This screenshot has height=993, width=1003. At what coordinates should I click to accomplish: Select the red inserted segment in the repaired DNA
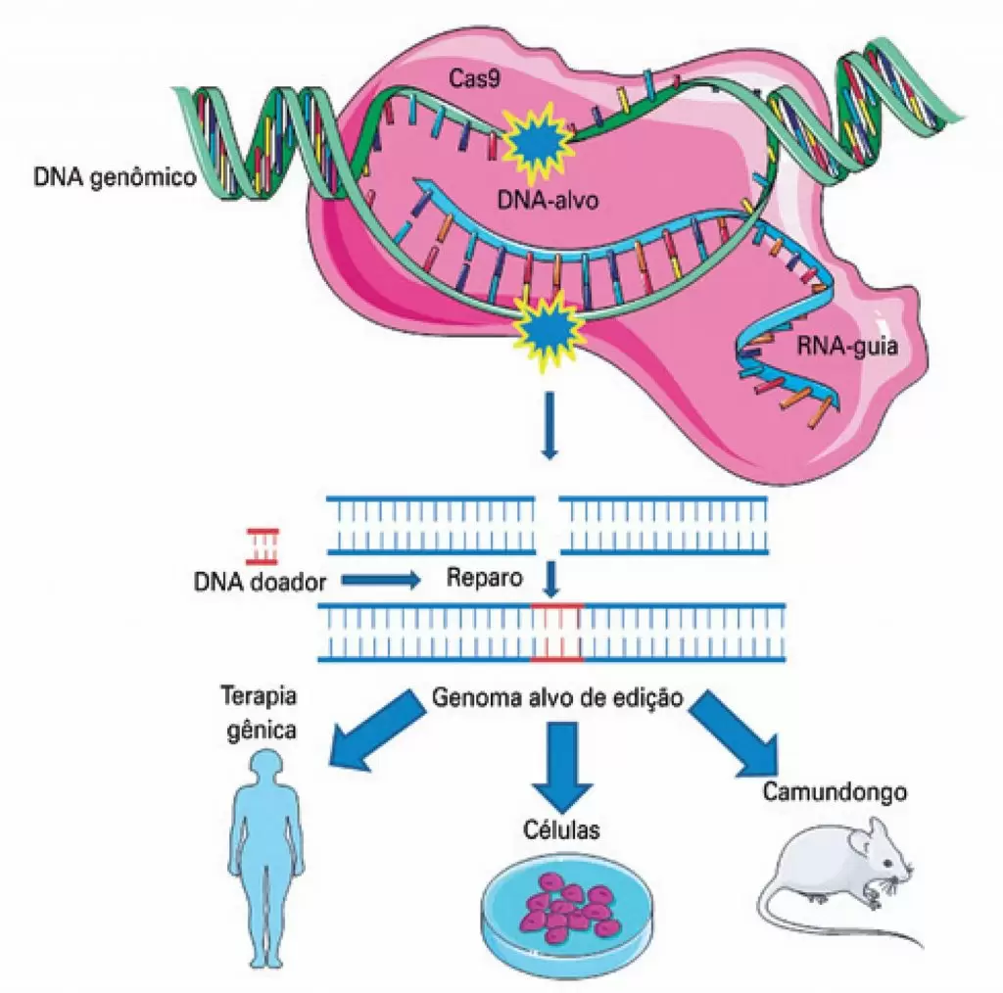point(556,633)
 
